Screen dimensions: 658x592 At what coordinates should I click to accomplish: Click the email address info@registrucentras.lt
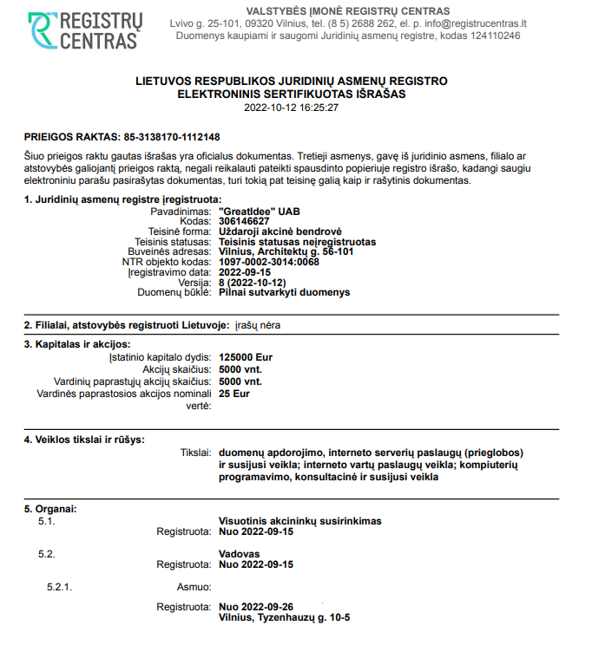pos(472,23)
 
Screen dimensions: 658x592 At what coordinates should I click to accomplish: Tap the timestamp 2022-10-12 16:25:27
pos(291,108)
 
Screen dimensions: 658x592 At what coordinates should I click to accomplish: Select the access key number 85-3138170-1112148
pos(172,137)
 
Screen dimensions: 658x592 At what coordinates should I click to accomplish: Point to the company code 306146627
pos(244,221)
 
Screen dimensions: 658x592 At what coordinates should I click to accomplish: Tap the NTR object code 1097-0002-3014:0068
pos(269,262)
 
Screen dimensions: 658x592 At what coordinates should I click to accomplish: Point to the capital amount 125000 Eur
pos(246,357)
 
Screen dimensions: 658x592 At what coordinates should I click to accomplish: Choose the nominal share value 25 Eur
pos(234,394)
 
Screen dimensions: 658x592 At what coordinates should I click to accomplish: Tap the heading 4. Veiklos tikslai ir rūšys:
pos(84,440)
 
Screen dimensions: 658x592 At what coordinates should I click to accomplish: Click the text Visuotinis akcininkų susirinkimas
pos(300,521)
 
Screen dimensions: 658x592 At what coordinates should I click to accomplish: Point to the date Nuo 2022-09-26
pos(257,607)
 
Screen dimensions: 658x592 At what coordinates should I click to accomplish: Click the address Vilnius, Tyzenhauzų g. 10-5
pos(286,617)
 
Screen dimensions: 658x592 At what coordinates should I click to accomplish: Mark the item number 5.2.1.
pos(59,587)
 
